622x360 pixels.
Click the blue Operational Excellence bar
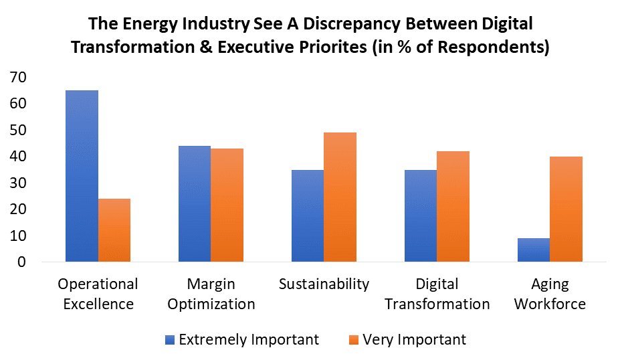pyautogui.click(x=82, y=175)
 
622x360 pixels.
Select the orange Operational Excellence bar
pyautogui.click(x=114, y=230)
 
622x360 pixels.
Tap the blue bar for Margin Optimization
pyautogui.click(x=195, y=203)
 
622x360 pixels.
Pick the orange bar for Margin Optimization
pyautogui.click(x=227, y=205)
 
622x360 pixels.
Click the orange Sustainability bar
pyautogui.click(x=340, y=197)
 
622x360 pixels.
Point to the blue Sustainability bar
pyautogui.click(x=308, y=215)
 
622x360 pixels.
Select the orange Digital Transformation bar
pyautogui.click(x=453, y=206)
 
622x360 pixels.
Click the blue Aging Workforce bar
pyautogui.click(x=534, y=250)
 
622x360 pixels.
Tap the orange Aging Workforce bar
pyautogui.click(x=566, y=209)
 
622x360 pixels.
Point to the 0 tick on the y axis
pyautogui.click(x=22, y=262)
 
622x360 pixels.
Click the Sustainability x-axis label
pyautogui.click(x=324, y=284)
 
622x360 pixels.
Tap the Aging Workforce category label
pyautogui.click(x=550, y=294)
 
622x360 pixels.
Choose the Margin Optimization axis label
pyautogui.click(x=211, y=294)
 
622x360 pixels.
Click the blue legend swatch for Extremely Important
pyautogui.click(x=171, y=340)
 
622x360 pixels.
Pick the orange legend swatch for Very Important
pyautogui.click(x=354, y=340)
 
